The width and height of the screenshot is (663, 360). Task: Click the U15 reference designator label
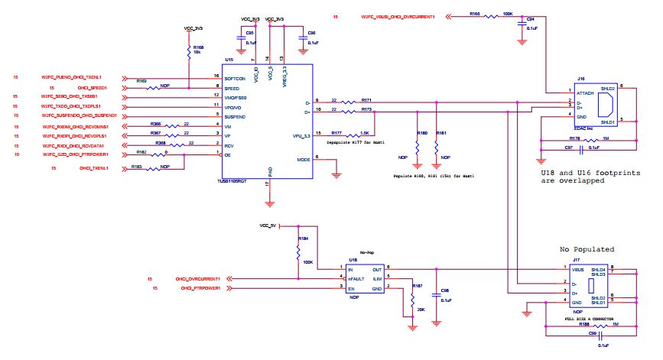tap(229, 59)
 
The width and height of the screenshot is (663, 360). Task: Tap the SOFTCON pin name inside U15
tap(235, 78)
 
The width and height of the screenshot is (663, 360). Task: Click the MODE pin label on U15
tap(304, 159)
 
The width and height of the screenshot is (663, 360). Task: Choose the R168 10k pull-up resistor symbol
tap(188, 51)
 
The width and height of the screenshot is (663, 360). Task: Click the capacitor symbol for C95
tap(242, 36)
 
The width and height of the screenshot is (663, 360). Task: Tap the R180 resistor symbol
tap(417, 144)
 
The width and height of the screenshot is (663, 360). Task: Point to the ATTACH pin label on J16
tap(587, 92)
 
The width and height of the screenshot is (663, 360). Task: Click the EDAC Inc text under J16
tap(586, 127)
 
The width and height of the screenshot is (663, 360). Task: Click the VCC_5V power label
tap(267, 226)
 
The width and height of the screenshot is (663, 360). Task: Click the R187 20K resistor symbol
tap(401, 301)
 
